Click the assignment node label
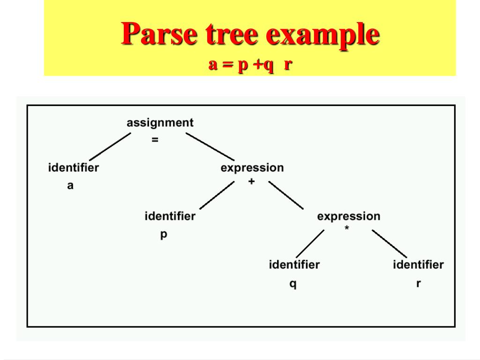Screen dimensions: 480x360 click(x=160, y=123)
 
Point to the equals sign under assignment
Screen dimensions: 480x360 click(x=155, y=139)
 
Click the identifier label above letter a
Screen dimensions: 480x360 click(x=74, y=167)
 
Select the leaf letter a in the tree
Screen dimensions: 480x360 click(x=70, y=186)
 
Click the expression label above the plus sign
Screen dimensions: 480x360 click(x=252, y=168)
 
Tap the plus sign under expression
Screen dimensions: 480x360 click(x=252, y=181)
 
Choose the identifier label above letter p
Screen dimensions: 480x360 click(x=170, y=217)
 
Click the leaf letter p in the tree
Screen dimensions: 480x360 click(x=164, y=235)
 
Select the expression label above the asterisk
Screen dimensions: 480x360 click(x=349, y=217)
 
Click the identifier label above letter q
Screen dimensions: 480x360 click(x=294, y=265)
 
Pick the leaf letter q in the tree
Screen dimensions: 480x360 click(x=292, y=284)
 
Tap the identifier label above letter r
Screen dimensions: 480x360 click(x=418, y=265)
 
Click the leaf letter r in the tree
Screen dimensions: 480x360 click(x=418, y=284)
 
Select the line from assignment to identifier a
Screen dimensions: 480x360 click(x=110, y=147)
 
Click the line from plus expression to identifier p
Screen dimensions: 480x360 click(x=217, y=195)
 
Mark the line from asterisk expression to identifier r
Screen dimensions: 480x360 click(x=390, y=243)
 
